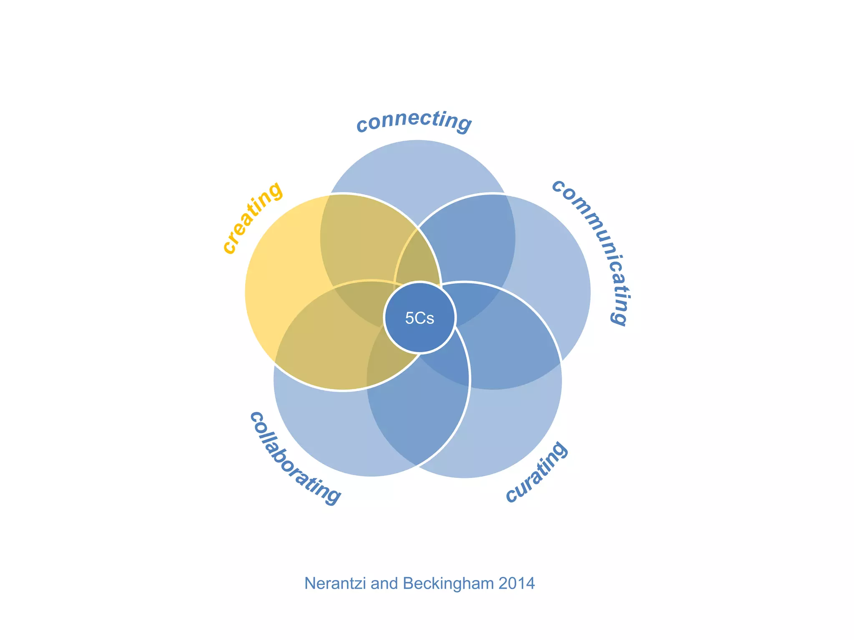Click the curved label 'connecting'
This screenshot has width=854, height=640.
click(x=414, y=121)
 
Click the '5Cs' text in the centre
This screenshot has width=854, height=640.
click(x=419, y=318)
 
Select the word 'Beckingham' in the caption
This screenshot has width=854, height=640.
click(x=448, y=584)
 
